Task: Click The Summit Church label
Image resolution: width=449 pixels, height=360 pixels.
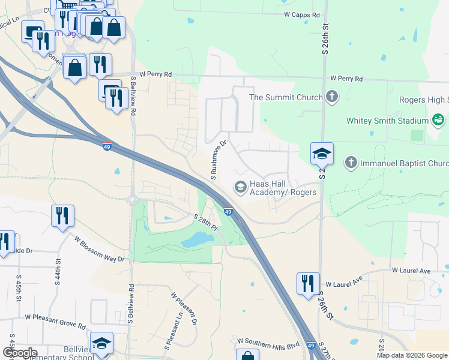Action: coord(286,97)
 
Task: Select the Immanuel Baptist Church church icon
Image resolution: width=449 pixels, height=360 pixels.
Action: coord(351,163)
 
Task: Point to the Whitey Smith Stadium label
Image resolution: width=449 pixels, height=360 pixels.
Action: coord(387,121)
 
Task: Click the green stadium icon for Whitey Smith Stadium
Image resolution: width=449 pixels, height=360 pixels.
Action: coord(439,120)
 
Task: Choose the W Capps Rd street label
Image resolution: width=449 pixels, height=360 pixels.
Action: coord(301,15)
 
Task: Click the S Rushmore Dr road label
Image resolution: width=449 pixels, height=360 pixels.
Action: coord(218,159)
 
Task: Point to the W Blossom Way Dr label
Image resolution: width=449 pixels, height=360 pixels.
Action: coord(99,248)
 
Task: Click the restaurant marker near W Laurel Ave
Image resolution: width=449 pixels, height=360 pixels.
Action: coord(308,283)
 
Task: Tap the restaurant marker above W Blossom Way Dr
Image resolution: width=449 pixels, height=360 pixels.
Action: coord(62,215)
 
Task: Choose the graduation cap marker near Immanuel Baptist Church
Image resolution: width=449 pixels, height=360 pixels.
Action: coord(322,154)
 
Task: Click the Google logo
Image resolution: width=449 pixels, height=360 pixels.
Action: coord(20,353)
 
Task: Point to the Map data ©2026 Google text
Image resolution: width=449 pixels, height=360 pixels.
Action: coord(412,355)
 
